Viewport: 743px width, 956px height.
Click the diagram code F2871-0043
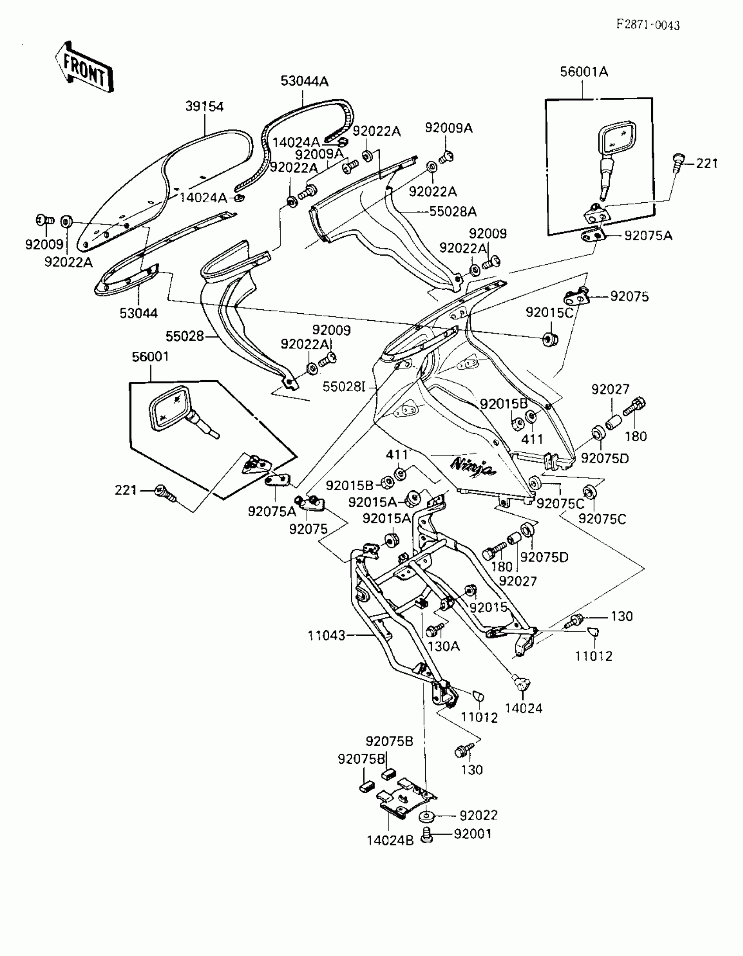pos(648,25)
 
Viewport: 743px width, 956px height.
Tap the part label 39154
pos(205,106)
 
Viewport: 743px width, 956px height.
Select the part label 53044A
pos(304,81)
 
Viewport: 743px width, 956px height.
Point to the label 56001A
pos(584,72)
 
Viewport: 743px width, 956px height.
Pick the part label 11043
pos(326,635)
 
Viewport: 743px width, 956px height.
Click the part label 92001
pos(473,834)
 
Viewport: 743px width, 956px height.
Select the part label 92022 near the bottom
pos(479,815)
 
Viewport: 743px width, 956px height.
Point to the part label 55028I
pos(344,387)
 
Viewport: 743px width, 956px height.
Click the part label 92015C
pos(549,312)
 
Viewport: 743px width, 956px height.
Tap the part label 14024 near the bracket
pos(524,708)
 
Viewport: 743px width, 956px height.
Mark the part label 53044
pos(139,313)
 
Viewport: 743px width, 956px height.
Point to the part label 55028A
pos(453,211)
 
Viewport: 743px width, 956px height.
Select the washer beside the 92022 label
pos(425,817)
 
